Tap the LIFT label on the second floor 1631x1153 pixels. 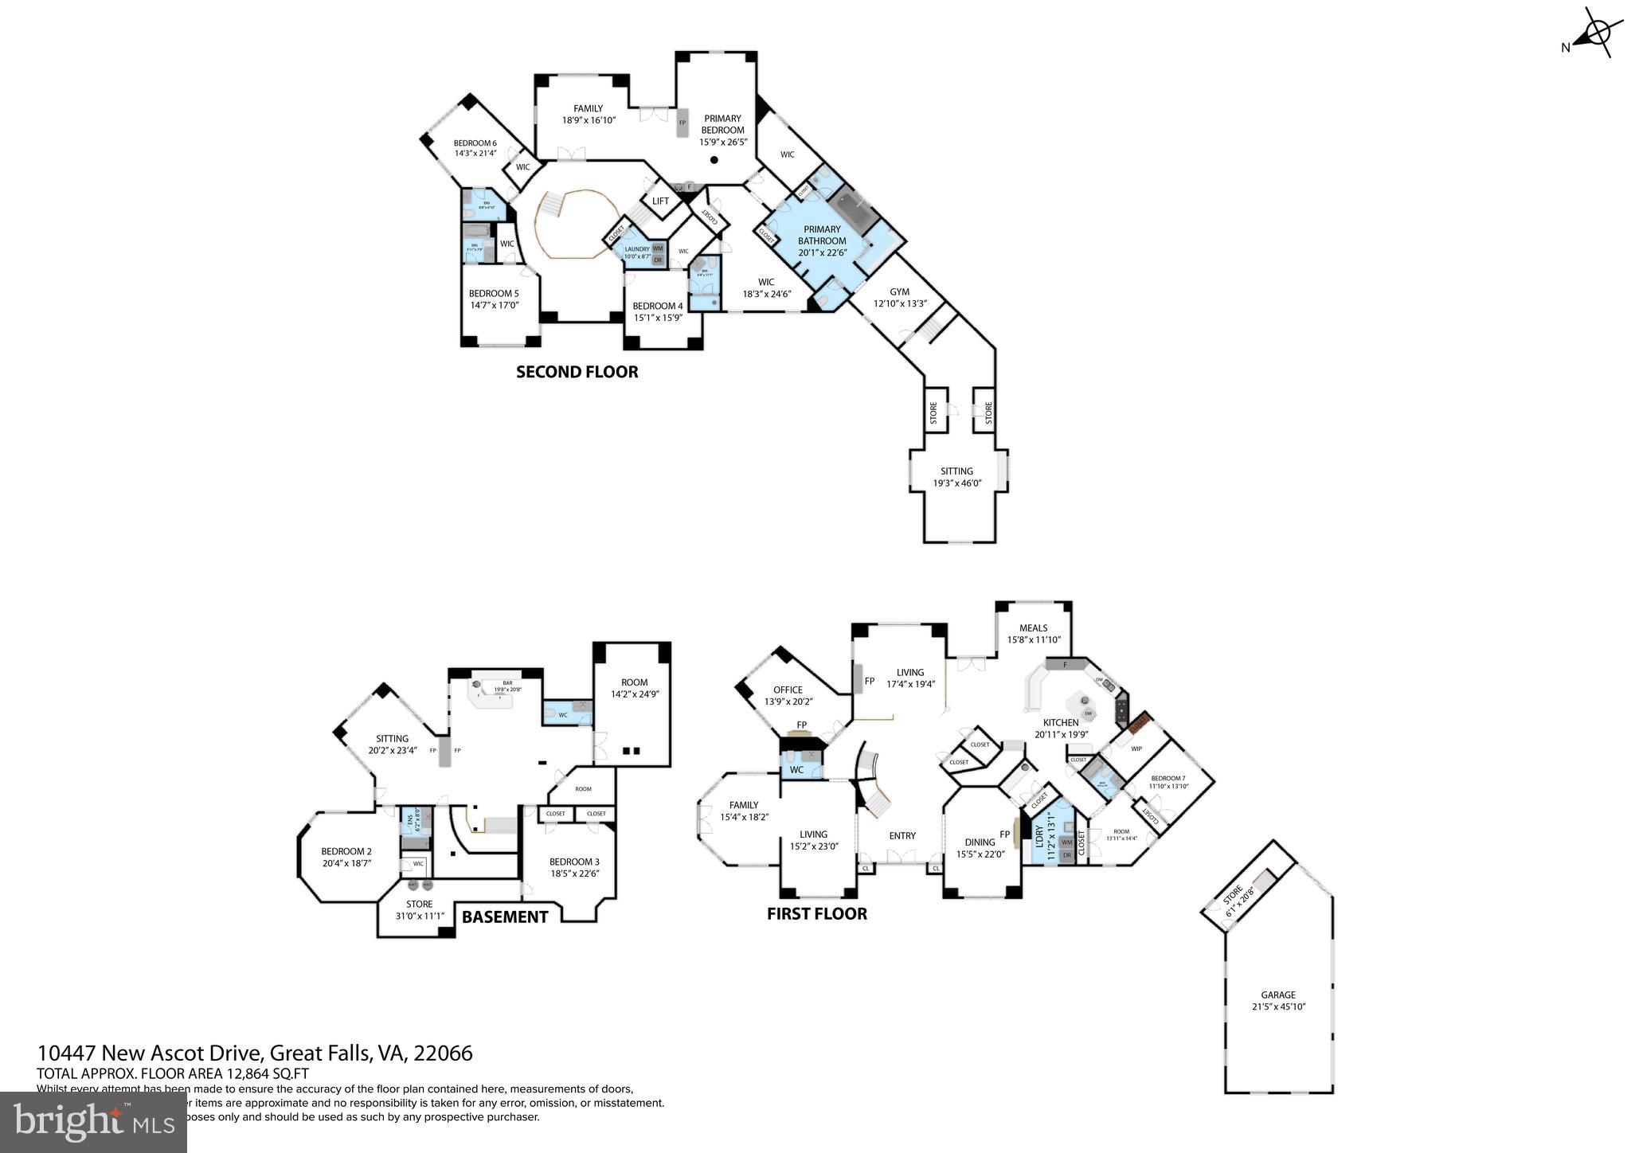660,201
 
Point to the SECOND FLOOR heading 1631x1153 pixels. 577,372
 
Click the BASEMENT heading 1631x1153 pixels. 504,917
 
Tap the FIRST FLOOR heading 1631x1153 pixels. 816,913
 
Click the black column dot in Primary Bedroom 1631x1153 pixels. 714,160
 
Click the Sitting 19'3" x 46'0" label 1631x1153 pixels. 953,476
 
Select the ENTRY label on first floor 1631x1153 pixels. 902,835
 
